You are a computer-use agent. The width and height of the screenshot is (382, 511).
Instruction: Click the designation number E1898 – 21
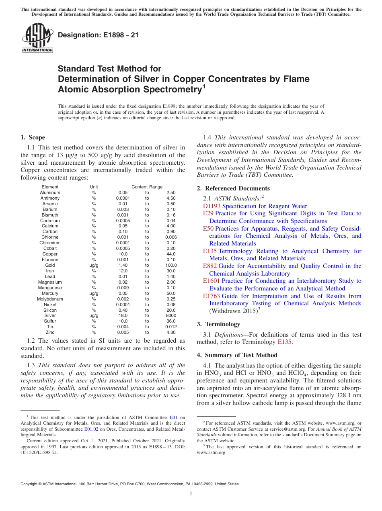click(x=98, y=35)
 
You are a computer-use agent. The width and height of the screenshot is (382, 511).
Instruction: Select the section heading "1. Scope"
click(x=33, y=137)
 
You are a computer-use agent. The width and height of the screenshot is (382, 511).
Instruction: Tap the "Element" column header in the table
click(x=50, y=187)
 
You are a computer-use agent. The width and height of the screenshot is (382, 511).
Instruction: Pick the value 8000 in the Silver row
click(x=171, y=316)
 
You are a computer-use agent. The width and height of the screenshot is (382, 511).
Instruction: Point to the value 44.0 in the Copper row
click(x=171, y=254)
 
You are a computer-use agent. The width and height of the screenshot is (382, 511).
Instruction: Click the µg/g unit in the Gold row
click(x=94, y=265)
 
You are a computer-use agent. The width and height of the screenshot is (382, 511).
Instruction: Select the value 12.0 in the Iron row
click(x=123, y=271)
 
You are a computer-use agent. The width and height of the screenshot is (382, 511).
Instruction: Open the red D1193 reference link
click(x=212, y=206)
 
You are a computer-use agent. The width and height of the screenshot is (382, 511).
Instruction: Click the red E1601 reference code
click(x=212, y=281)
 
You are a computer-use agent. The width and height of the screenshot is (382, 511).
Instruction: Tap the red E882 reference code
click(x=210, y=266)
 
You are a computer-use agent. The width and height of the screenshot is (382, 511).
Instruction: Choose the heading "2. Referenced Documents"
click(x=233, y=188)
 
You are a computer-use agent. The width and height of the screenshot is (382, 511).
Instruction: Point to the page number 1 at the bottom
click(x=191, y=493)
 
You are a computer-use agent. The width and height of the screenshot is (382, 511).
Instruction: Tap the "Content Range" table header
click(x=147, y=187)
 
